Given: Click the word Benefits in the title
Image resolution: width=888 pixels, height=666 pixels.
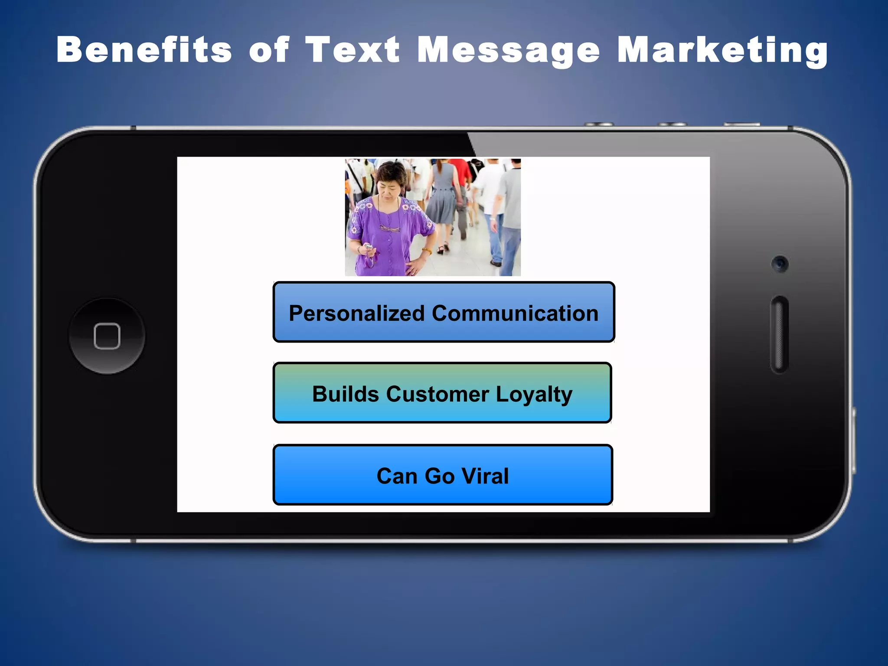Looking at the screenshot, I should tap(144, 50).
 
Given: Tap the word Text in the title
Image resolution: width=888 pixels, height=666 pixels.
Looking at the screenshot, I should tap(352, 50).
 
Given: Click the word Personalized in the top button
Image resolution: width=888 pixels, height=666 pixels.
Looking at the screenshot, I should tap(356, 313).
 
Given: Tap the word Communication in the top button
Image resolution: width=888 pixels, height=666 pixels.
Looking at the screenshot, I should tap(515, 313).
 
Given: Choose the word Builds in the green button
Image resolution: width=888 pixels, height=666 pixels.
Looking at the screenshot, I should tap(346, 394).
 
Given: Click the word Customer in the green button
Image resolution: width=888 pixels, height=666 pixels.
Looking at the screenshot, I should tap(437, 394).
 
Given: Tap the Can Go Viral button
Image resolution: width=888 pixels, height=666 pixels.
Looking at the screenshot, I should tap(443, 475).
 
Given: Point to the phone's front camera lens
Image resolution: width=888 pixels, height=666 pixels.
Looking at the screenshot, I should tap(780, 264).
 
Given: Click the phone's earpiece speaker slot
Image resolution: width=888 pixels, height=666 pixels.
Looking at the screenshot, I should tap(779, 334).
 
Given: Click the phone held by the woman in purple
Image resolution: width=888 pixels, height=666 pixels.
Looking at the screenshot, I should tap(368, 247).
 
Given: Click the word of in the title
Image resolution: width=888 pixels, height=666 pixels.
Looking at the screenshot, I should tap(269, 50).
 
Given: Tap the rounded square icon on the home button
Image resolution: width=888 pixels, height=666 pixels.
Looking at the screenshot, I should tap(107, 336).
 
